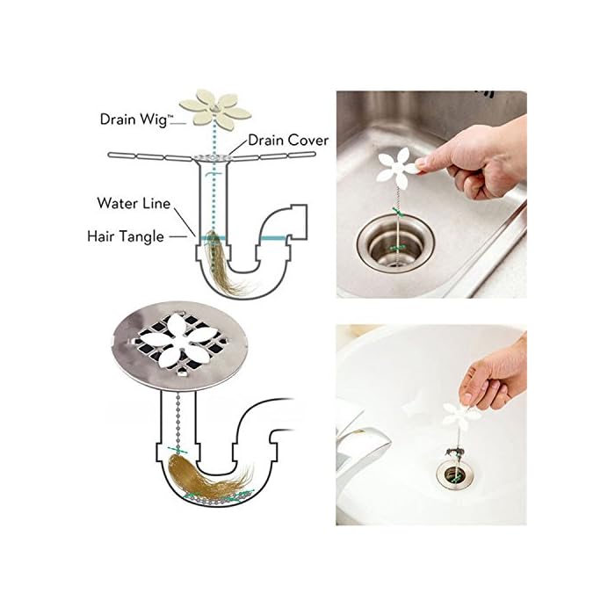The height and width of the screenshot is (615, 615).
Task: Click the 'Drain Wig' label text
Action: click(136, 118)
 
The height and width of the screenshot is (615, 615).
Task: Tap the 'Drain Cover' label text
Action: click(288, 140)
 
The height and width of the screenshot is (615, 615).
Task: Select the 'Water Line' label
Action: click(134, 204)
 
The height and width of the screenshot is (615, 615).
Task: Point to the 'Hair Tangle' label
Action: click(125, 235)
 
